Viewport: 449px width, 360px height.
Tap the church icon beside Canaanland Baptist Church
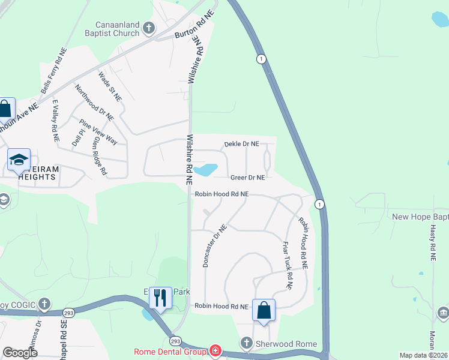pyautogui.click(x=148, y=28)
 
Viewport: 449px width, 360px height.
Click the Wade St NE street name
pyautogui.click(x=110, y=86)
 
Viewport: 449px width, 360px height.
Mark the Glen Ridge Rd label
pyautogui.click(x=100, y=155)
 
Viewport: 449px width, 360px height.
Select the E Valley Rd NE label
pyautogui.click(x=55, y=120)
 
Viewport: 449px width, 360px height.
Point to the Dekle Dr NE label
pyautogui.click(x=241, y=144)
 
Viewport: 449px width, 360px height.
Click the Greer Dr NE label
pyautogui.click(x=247, y=178)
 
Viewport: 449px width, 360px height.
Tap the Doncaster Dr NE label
pyautogui.click(x=214, y=246)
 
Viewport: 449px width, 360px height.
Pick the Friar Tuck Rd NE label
pyautogui.click(x=286, y=266)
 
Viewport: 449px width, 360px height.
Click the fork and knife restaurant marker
pyautogui.click(x=160, y=297)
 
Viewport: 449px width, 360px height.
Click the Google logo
pyautogui.click(x=20, y=352)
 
